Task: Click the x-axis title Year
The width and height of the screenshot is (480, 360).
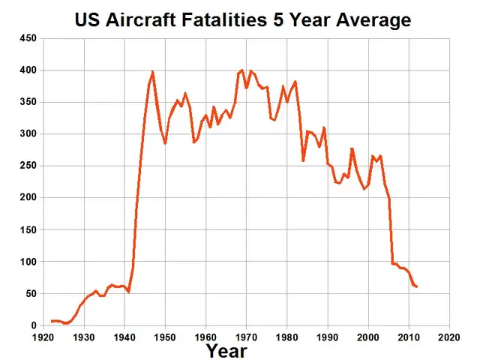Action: (x=226, y=349)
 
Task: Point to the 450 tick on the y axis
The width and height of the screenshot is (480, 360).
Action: (x=27, y=38)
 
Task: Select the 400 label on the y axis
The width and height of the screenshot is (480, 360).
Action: (x=27, y=70)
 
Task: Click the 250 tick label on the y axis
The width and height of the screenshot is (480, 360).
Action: (x=27, y=166)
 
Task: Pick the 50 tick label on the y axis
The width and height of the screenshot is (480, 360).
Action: (x=30, y=294)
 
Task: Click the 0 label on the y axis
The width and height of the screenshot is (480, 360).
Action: (x=32, y=326)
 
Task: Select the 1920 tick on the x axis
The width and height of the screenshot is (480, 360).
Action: (x=43, y=337)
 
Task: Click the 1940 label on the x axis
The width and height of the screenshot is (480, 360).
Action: (x=124, y=337)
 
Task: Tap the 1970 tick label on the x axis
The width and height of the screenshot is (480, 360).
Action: (x=246, y=337)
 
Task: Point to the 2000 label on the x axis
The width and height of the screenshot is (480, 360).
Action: (x=367, y=337)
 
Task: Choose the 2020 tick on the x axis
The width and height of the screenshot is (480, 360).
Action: (x=448, y=337)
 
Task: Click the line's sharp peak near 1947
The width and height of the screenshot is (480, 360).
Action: (x=153, y=72)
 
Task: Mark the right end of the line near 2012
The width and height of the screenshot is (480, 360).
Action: (x=417, y=286)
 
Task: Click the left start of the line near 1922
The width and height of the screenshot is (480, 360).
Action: (x=52, y=321)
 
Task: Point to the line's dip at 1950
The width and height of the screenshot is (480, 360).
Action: (x=165, y=142)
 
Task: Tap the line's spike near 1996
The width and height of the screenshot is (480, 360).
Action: (x=352, y=148)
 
